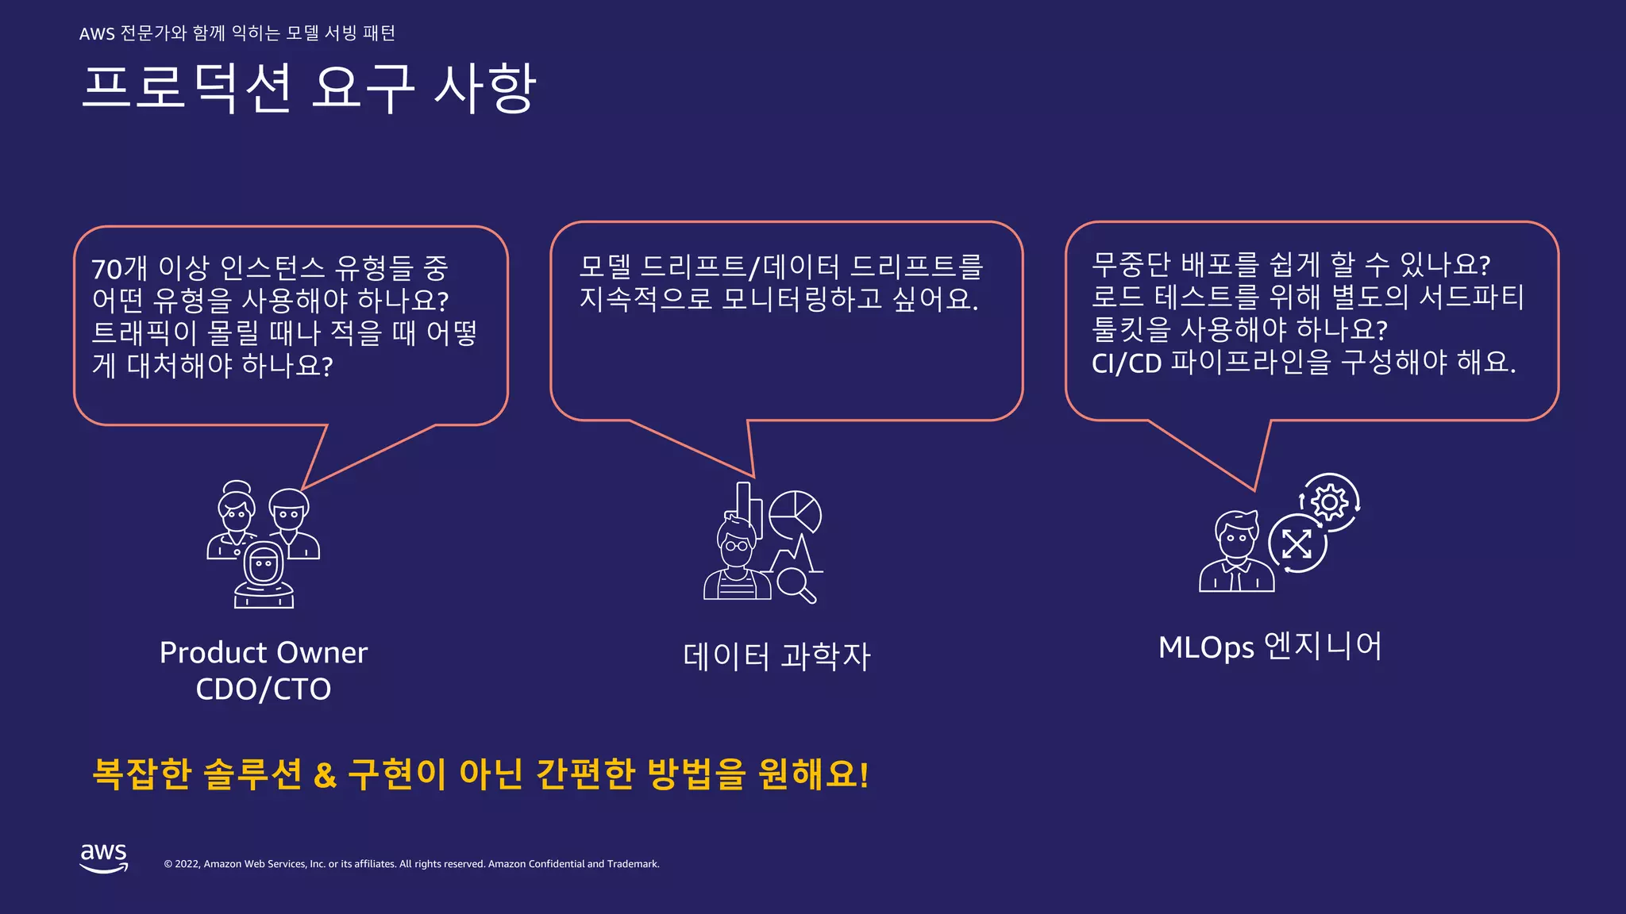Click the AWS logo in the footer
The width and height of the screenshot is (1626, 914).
click(104, 858)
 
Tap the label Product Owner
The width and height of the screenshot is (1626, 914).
click(264, 653)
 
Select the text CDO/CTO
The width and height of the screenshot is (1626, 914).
click(264, 689)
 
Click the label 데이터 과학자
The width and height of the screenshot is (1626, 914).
click(776, 657)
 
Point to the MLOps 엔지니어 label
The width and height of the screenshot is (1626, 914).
click(1270, 647)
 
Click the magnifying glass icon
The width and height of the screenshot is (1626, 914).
click(796, 586)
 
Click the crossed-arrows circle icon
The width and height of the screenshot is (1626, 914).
click(1297, 544)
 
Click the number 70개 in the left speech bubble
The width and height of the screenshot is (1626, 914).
click(120, 269)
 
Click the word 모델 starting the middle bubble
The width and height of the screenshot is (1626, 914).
click(605, 267)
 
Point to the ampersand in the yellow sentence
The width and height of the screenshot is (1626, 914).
click(325, 774)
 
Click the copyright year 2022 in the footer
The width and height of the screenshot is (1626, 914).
click(187, 864)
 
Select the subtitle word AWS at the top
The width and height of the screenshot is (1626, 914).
click(97, 33)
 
